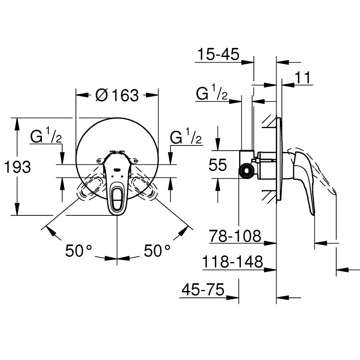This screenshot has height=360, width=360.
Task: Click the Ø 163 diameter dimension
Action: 117,95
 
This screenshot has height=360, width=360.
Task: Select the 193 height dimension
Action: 17,167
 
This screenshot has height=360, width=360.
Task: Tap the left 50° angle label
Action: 79,250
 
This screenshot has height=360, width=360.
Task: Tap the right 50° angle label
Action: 157,250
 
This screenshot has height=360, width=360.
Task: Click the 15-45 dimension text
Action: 218,54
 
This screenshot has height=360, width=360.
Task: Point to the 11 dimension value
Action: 303,77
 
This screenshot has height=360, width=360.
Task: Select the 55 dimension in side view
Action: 218,164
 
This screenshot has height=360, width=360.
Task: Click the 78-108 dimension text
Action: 235,236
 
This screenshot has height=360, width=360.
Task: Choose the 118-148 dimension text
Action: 232,262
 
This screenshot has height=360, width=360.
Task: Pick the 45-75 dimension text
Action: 203,290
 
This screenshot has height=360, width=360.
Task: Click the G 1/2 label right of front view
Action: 186,136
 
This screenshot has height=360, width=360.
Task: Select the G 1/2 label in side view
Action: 212,92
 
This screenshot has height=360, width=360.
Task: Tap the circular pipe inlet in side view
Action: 246,171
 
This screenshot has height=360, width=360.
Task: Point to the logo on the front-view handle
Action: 117,170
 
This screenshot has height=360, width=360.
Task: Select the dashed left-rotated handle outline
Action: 92,186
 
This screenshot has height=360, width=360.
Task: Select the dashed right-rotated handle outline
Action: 143,186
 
